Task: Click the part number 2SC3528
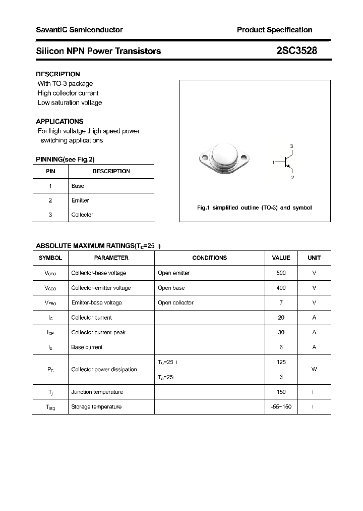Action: pos(296,50)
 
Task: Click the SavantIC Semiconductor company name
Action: pos(79,30)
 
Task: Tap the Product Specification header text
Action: pos(274,30)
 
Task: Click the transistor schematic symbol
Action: pos(287,162)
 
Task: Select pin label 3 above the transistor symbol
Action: pos(291,146)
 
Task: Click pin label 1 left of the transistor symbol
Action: pos(273,162)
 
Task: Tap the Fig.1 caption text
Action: pos(254,208)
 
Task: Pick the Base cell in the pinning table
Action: pos(78,186)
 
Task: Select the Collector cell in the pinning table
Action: pos(82,215)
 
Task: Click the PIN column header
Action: pos(50,171)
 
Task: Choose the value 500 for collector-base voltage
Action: pos(281,273)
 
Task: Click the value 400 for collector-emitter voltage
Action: pos(281,288)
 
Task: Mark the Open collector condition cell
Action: pos(175,302)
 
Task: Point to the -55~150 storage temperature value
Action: pos(281,407)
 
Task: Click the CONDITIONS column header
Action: pos(209,258)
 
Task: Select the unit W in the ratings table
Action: pos(314,370)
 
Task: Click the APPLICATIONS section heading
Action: pos(59,121)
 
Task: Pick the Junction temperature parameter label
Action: pos(97,392)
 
